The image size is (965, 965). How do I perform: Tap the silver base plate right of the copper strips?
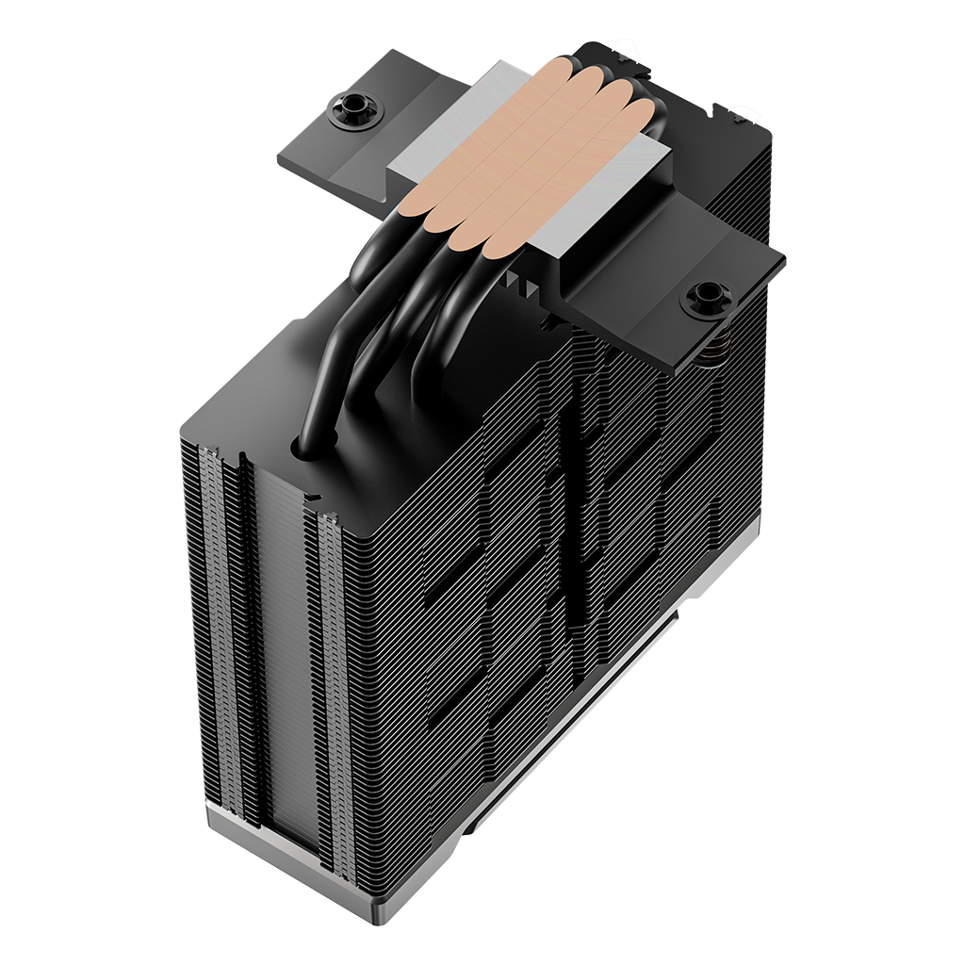tap(603, 203)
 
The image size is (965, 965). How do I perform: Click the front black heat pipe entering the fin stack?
tap(325, 377)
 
